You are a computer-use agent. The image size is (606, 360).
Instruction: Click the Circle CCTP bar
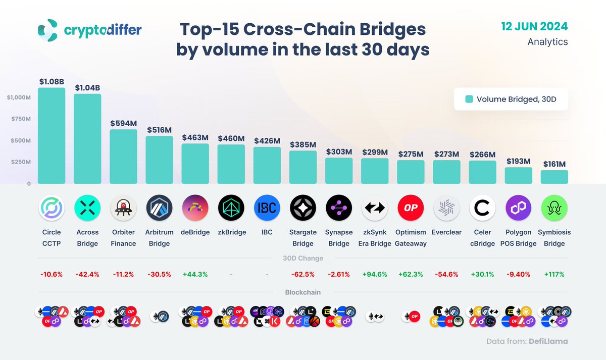pos(52,135)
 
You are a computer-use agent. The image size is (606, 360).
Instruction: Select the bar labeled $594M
pos(123,157)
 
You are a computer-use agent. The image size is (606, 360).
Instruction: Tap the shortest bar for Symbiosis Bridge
pos(554,177)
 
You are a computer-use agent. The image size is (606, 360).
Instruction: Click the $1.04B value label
pos(87,87)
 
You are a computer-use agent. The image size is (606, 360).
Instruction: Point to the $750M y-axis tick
pos(20,119)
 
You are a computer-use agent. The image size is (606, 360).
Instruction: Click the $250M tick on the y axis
pos(20,162)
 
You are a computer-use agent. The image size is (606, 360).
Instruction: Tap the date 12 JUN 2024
pos(534,26)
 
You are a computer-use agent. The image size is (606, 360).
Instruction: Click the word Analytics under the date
pos(547,42)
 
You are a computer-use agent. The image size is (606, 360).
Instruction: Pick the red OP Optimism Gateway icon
pos(411,208)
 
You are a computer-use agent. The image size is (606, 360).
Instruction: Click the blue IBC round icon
pos(267,208)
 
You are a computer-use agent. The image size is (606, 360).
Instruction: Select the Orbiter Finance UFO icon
pos(123,208)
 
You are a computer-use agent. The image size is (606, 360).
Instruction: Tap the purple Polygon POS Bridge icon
pos(518,208)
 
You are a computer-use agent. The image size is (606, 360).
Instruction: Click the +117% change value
pos(554,274)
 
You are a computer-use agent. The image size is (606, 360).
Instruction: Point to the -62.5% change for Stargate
pos(303,274)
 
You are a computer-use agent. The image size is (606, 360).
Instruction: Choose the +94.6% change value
pos(375,274)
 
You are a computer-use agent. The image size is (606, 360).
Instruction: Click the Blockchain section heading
pos(303,292)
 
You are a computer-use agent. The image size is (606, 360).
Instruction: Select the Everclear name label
pos(446,232)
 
